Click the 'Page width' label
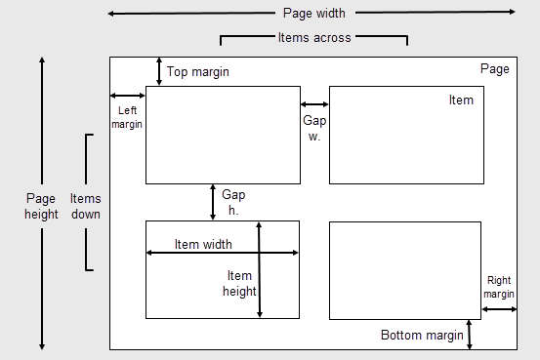tap(314, 13)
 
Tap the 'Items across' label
tap(314, 37)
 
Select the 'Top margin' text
tap(198, 72)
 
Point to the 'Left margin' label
tap(127, 117)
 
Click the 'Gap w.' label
tap(314, 128)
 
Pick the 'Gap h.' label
tap(233, 202)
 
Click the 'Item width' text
tap(203, 244)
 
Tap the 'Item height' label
tap(239, 283)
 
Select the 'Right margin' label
tap(499, 287)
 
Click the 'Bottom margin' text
tap(422, 335)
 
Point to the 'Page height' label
tap(41, 206)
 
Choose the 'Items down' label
tap(85, 206)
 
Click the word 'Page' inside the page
tap(495, 69)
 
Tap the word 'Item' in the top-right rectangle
tap(461, 100)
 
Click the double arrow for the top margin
tap(159, 71)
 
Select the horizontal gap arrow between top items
tap(314, 104)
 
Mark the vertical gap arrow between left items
tap(213, 201)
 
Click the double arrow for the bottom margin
tap(470, 334)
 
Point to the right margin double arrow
tap(499, 309)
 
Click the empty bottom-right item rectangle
tap(405, 270)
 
